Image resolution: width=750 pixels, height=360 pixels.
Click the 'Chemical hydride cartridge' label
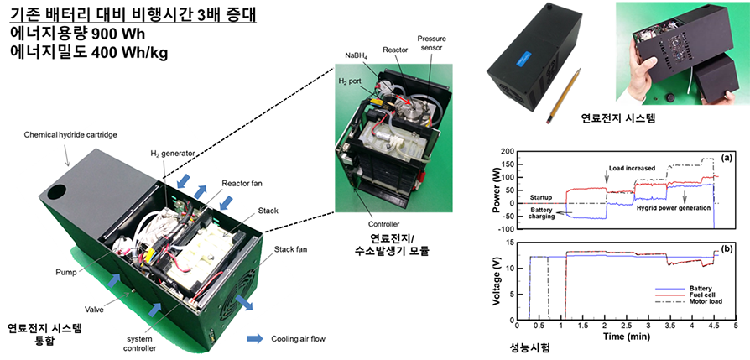(x=70, y=134)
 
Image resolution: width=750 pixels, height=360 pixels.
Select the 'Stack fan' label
(x=291, y=248)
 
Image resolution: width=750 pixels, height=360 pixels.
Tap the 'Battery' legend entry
(x=701, y=288)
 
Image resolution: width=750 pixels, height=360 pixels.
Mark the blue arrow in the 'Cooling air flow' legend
(x=255, y=339)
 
